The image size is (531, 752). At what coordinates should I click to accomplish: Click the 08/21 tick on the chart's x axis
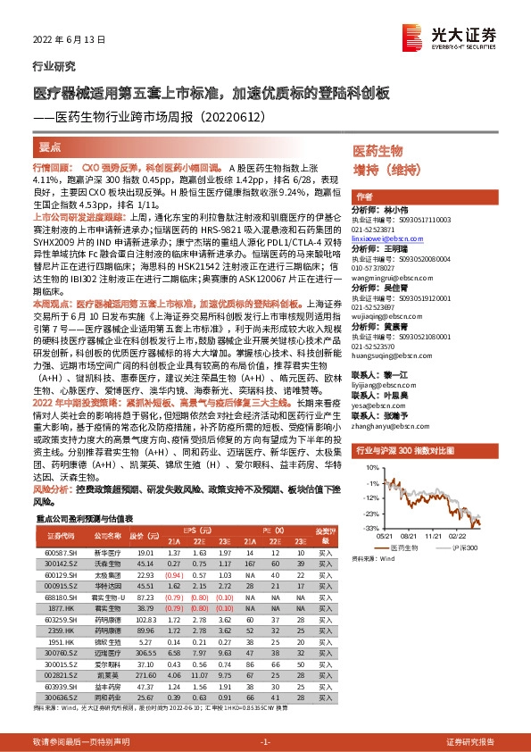[x=410, y=536]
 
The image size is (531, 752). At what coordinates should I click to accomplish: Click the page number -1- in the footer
[x=265, y=742]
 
